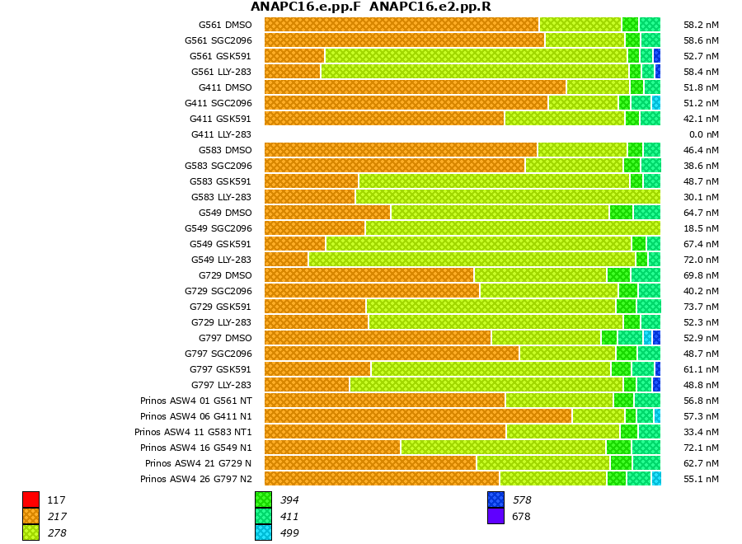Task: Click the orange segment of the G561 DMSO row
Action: click(402, 25)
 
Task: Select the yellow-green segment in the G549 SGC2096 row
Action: click(512, 228)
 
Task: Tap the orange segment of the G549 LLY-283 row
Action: click(286, 260)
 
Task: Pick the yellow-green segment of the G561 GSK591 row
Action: click(476, 56)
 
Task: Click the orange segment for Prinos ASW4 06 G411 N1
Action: click(418, 416)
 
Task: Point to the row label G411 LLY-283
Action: click(221, 134)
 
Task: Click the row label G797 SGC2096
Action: click(218, 354)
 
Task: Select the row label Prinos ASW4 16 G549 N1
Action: click(195, 448)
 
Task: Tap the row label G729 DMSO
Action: click(225, 275)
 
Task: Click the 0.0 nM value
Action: click(703, 134)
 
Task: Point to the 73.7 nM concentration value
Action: click(701, 307)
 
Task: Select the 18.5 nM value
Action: click(701, 228)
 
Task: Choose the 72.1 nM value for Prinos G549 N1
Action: click(701, 448)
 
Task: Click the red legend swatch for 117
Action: click(31, 499)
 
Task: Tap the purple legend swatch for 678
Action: click(495, 516)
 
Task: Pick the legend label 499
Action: click(289, 533)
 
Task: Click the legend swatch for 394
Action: click(263, 499)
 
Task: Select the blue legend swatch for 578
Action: click(495, 499)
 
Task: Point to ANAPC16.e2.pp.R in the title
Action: click(430, 7)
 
